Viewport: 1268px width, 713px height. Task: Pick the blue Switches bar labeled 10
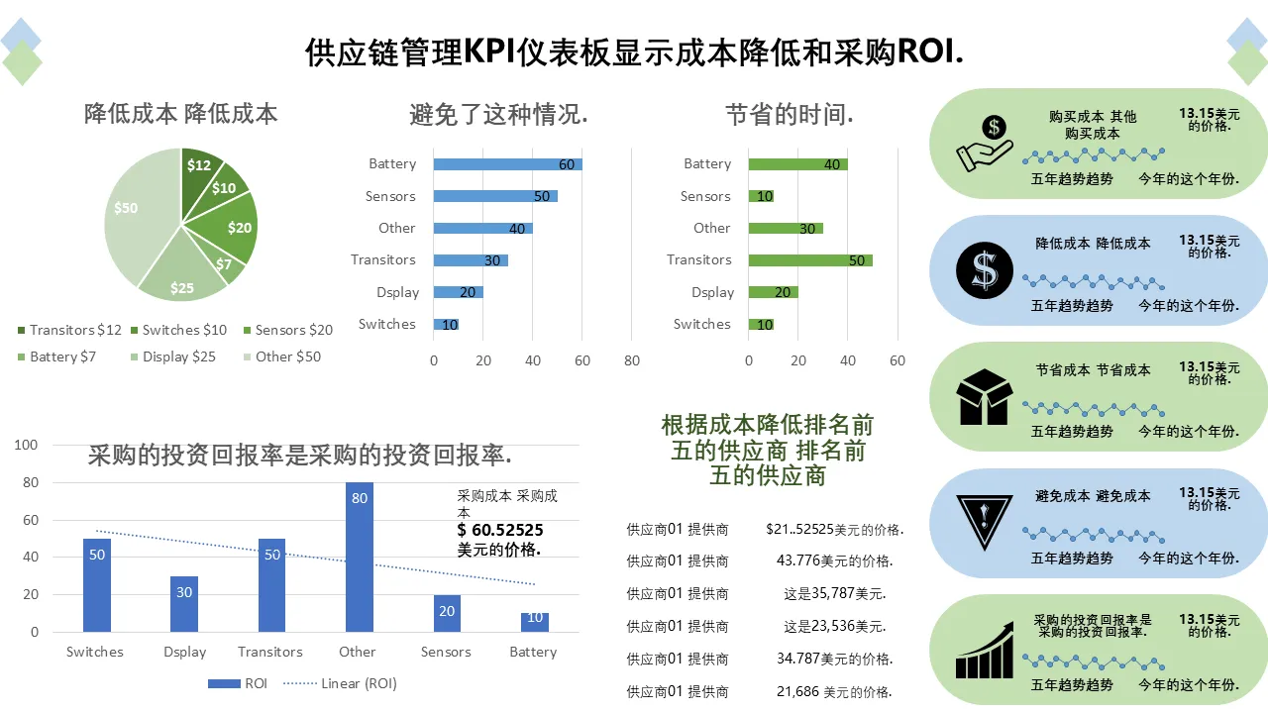tap(446, 324)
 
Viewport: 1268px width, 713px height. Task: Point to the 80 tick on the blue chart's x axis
tap(632, 360)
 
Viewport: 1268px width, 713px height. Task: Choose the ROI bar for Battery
tap(534, 622)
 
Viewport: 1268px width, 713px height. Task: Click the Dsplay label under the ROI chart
tap(185, 652)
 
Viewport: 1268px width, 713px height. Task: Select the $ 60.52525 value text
tap(500, 532)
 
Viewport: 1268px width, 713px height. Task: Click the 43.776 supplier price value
tap(834, 560)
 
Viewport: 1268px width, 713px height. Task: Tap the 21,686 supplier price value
tap(834, 691)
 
